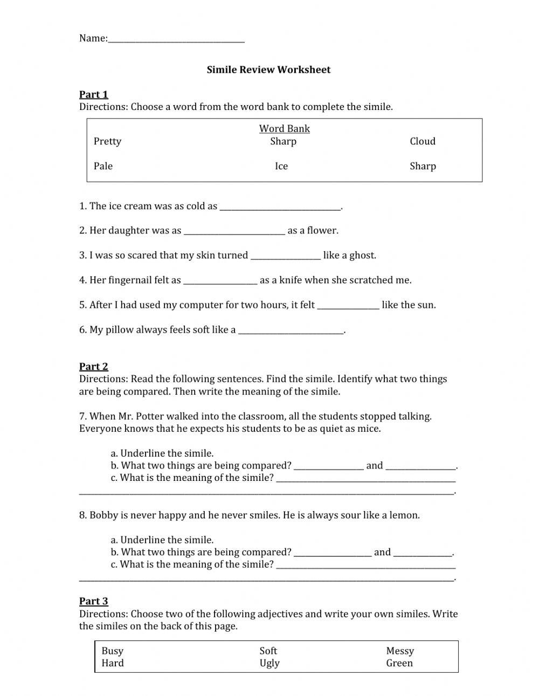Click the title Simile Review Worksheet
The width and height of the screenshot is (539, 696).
(x=268, y=70)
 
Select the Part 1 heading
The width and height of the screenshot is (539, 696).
(x=94, y=94)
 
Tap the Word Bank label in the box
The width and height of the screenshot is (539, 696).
(x=284, y=128)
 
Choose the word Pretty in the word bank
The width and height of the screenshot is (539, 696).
(x=107, y=141)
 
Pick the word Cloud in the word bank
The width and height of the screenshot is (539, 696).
(x=422, y=141)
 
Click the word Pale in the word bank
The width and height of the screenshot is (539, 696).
(x=103, y=166)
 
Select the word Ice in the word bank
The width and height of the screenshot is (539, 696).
(x=281, y=166)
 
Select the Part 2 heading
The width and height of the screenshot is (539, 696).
(x=94, y=367)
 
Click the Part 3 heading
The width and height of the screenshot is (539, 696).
(x=94, y=601)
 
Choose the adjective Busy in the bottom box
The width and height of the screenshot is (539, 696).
(x=112, y=651)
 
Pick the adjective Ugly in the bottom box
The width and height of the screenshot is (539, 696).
(x=269, y=664)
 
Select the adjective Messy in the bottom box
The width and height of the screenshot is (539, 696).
(x=399, y=651)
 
